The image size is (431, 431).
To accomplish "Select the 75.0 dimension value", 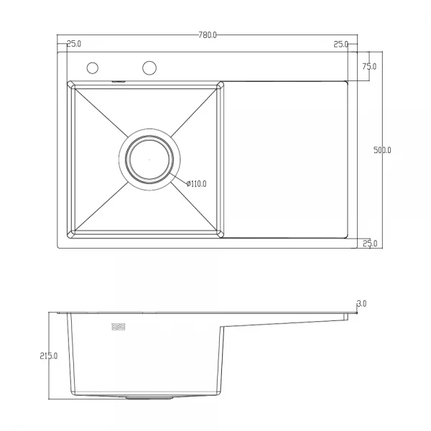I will (x=369, y=67).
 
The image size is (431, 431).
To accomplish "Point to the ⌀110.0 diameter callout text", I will (x=195, y=184).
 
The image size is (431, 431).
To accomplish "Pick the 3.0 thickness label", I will (x=361, y=304).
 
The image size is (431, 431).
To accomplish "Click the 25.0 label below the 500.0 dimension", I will (x=370, y=244).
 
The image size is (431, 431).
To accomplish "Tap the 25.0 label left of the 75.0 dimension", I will (x=340, y=45).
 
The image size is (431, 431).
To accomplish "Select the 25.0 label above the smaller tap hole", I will (x=73, y=45).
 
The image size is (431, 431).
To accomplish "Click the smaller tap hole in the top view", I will (x=93, y=68).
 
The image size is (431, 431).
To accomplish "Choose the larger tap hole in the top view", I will (x=149, y=68).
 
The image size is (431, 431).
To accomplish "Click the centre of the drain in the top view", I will (x=149, y=158).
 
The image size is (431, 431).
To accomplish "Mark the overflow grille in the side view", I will (x=119, y=328).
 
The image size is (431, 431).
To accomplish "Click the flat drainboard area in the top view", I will (x=287, y=158).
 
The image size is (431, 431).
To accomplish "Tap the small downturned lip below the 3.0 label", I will (x=346, y=315).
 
